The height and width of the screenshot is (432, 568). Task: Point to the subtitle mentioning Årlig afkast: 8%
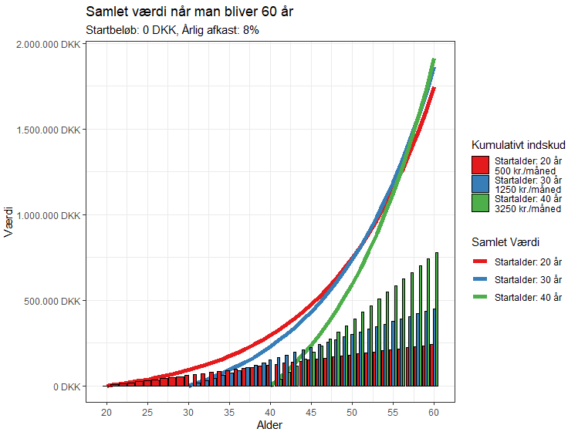tap(172, 30)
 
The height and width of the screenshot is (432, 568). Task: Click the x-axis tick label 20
tap(106, 409)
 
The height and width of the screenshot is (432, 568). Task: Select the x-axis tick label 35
tap(229, 409)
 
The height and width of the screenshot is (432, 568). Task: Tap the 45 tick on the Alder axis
tap(311, 409)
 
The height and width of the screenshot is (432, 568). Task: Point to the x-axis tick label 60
tap(434, 409)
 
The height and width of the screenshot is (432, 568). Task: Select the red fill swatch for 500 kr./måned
tap(480, 165)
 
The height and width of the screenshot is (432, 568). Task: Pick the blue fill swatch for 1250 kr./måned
tap(480, 184)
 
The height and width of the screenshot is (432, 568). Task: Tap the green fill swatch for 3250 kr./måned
tap(480, 203)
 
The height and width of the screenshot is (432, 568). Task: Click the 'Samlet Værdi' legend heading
tap(505, 241)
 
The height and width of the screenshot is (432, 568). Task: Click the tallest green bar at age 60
tap(437, 319)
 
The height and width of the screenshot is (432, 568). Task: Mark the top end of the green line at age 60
tap(434, 60)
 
